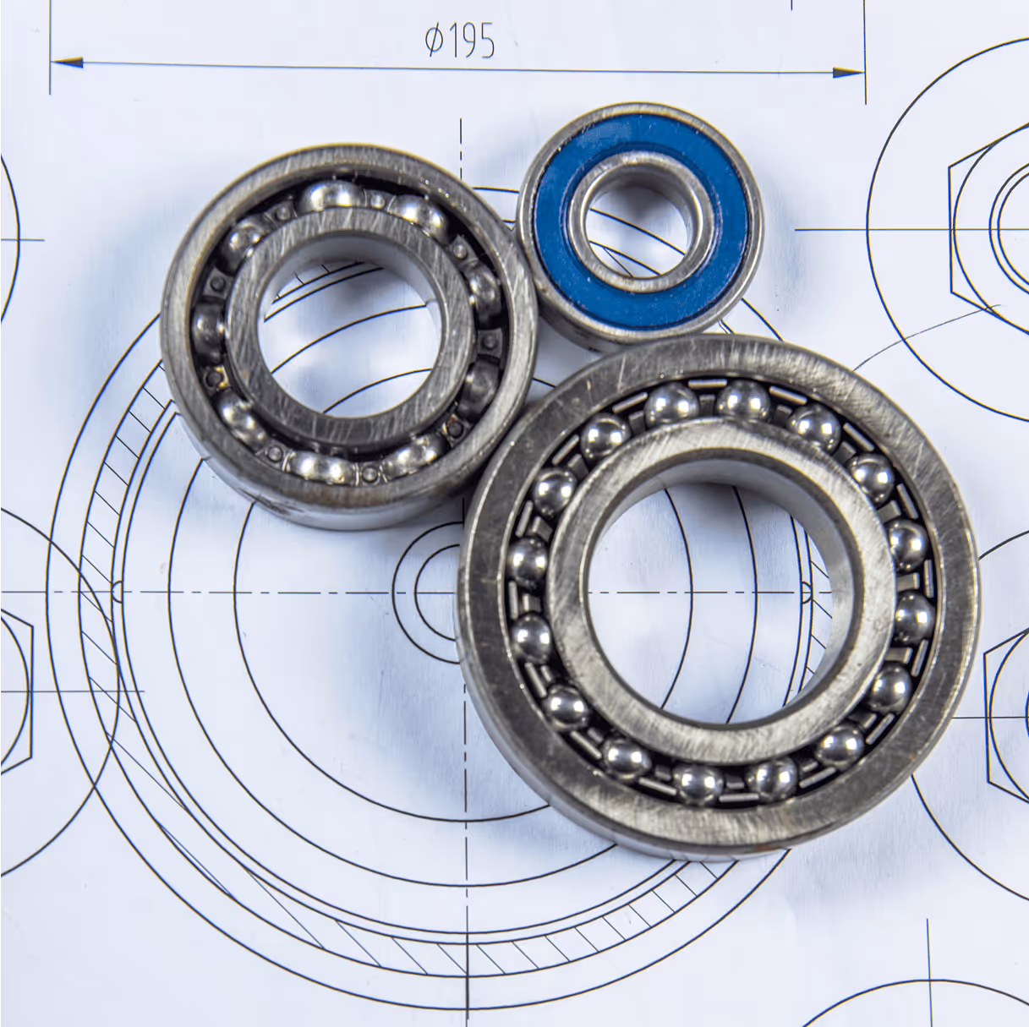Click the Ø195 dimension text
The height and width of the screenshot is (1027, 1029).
tap(460, 41)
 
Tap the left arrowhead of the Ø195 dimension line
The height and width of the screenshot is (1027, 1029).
tap(67, 63)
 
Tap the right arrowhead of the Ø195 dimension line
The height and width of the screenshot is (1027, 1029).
tap(849, 72)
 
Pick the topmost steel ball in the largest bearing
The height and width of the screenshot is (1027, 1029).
tap(743, 400)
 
